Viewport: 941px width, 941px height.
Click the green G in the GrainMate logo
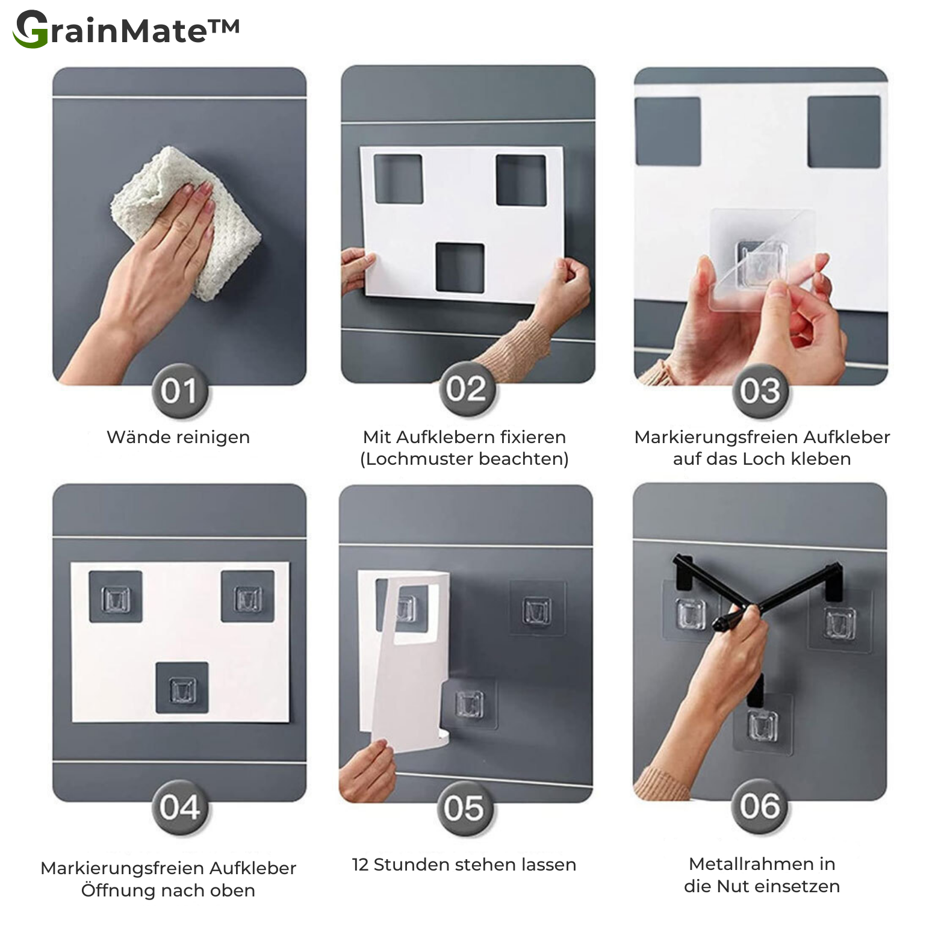31,29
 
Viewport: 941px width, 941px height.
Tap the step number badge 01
179,391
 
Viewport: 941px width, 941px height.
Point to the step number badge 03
760,391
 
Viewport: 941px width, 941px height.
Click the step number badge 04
179,807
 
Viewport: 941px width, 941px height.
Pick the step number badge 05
464,809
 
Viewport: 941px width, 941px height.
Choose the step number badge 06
759,806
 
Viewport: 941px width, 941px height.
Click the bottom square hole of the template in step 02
460,268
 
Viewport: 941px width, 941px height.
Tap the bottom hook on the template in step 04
182,689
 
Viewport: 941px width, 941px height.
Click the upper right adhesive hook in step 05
536,610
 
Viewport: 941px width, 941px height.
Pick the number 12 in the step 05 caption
360,865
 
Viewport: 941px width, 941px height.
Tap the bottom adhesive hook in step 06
762,725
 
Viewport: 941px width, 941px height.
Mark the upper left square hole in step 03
668,131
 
